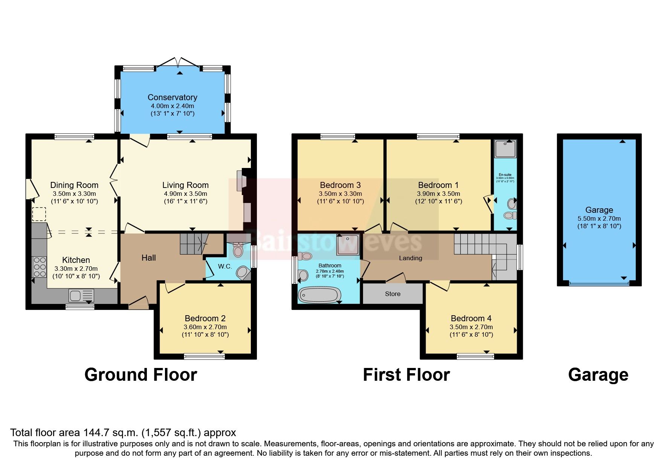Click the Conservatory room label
pos(172,97)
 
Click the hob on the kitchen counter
pos(40,266)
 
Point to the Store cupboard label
pos(392,294)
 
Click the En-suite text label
pos(505,175)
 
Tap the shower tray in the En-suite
pos(505,149)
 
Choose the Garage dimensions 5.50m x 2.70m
pos(599,218)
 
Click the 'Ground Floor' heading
pos(140,375)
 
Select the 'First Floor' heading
pos(406,375)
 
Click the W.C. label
pos(225,266)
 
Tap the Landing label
pos(410,258)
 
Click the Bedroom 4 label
pos(471,318)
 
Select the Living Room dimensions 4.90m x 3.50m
pos(185,194)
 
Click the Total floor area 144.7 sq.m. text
pos(123,432)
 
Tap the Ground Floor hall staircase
pos(194,243)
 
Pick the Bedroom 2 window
pos(204,356)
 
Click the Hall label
pos(148,258)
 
